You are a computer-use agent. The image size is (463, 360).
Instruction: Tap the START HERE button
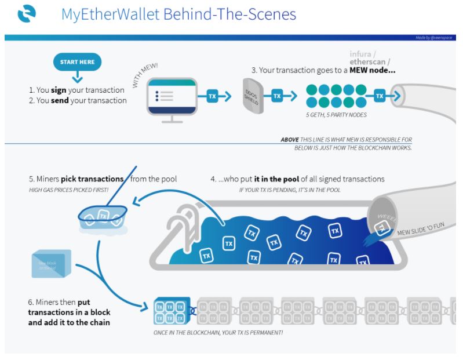point(77,62)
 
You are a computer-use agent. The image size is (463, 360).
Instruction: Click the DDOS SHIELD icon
point(252,96)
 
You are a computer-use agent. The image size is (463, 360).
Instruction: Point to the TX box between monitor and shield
point(212,96)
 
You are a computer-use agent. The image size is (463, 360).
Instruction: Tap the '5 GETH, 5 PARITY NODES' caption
point(336,115)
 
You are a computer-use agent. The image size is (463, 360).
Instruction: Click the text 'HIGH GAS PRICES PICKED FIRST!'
point(68,190)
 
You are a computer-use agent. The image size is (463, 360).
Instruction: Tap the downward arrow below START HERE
point(77,77)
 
